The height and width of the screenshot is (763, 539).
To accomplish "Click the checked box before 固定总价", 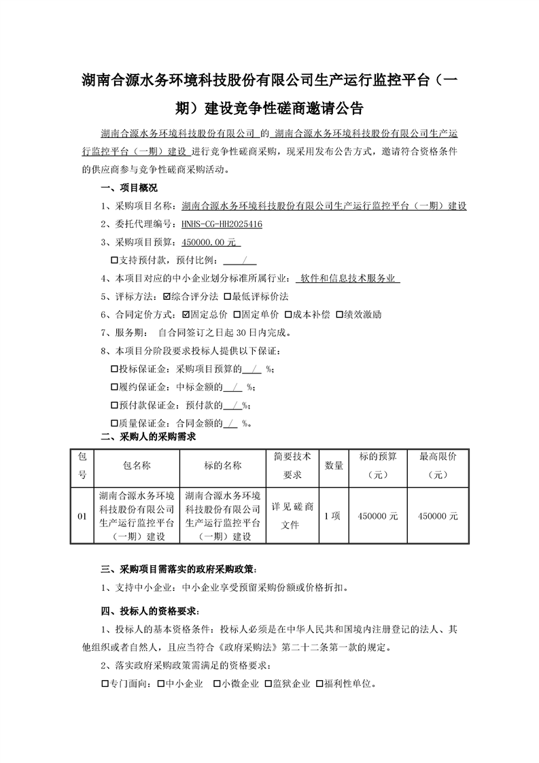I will (187, 315).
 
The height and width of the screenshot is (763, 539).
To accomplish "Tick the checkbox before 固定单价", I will (237, 315).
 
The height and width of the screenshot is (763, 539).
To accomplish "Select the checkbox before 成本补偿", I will (288, 315).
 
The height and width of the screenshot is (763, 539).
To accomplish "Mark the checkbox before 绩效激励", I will (338, 315).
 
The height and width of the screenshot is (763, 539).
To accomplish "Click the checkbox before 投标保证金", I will (114, 369).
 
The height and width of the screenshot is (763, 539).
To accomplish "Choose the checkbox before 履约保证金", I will (114, 388).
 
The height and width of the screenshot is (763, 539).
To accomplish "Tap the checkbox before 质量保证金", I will (114, 424).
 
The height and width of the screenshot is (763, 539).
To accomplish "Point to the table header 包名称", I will (137, 466).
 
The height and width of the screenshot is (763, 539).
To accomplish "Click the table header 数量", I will (333, 466).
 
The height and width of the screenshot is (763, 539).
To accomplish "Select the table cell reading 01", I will (82, 517).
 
